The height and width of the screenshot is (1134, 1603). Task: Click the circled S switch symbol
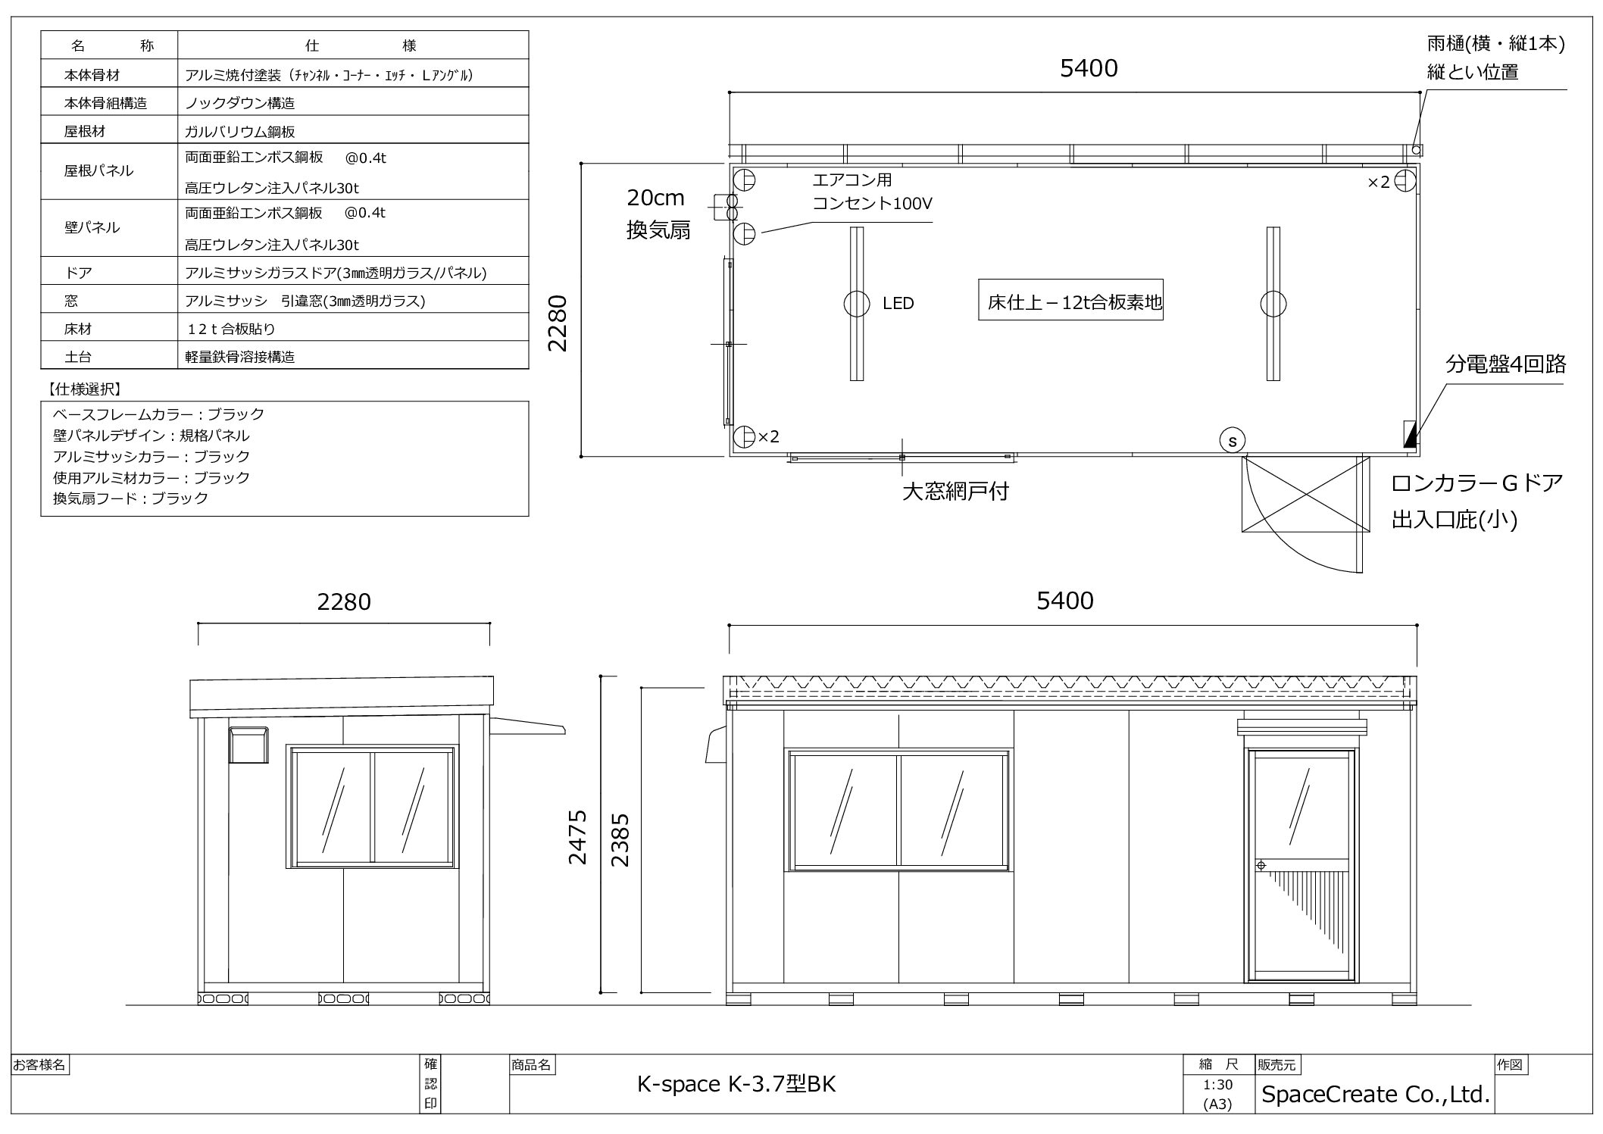coord(1233,440)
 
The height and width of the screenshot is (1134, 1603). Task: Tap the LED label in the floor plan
coord(898,304)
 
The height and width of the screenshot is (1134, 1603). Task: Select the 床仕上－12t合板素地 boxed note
coord(1070,299)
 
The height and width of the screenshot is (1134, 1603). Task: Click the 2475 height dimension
coord(578,837)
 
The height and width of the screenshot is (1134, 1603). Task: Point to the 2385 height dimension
coord(620,840)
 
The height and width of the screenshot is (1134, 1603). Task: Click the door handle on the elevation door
coord(1261,865)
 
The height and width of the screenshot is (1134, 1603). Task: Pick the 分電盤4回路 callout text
coord(1505,364)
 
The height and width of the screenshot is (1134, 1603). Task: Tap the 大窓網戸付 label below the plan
coord(955,492)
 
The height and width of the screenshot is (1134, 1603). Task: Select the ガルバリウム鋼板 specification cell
coord(240,131)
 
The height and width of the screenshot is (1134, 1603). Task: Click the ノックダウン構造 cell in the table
coord(240,102)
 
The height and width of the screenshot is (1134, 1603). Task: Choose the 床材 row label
coord(78,329)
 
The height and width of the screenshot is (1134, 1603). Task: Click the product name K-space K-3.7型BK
coord(736,1085)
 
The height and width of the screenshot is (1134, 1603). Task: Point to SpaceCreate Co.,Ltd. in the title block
coord(1376,1094)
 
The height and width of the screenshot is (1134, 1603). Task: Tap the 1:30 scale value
coord(1217,1085)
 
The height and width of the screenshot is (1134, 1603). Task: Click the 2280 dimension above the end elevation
coord(344,602)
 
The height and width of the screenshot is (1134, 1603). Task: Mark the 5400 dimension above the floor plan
coord(1089,69)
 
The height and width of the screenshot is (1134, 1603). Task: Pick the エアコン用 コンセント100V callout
coord(872,192)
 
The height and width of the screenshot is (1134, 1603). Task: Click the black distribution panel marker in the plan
coord(1410,434)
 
